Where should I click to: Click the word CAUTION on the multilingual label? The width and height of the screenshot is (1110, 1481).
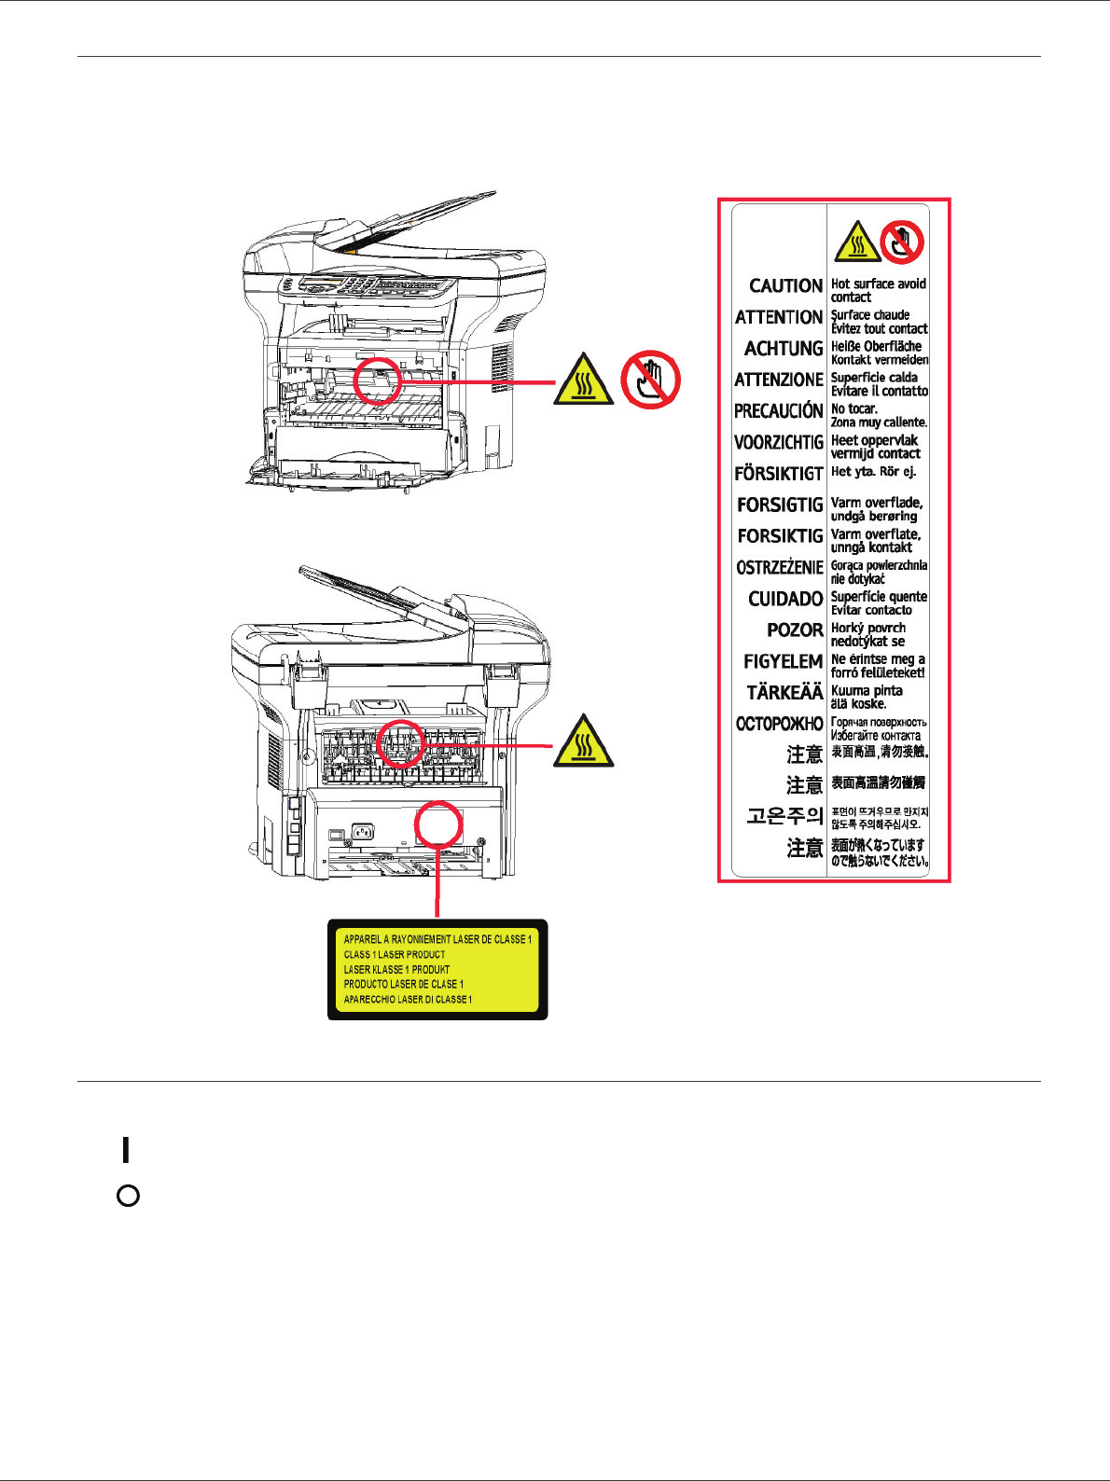(785, 286)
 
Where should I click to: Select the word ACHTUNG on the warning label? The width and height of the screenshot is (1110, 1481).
(784, 349)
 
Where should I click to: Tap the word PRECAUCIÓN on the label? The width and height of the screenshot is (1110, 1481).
(779, 411)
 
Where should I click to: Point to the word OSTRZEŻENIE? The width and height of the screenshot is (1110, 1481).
(780, 568)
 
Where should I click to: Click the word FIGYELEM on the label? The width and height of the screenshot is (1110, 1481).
(783, 661)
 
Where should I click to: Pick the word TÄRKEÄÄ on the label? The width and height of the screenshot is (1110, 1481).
(784, 693)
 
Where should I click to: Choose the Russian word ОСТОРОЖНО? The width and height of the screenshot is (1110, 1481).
(780, 724)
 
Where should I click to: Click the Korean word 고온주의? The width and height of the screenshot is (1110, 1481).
(784, 817)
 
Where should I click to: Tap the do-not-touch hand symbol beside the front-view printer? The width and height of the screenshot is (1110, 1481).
(650, 380)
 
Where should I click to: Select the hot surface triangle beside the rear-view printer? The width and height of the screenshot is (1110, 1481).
(583, 743)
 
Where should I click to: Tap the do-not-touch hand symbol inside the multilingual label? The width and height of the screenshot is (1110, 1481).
(901, 242)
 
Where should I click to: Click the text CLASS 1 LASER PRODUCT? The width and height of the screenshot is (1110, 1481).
(395, 955)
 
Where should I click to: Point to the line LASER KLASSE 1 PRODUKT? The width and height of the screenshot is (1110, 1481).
(396, 970)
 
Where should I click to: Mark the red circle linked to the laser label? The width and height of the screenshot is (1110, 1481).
(437, 825)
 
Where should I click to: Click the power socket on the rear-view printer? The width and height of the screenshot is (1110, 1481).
(361, 832)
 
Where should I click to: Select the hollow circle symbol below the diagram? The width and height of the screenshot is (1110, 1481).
(129, 1196)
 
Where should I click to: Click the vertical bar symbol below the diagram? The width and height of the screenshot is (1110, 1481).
(125, 1149)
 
